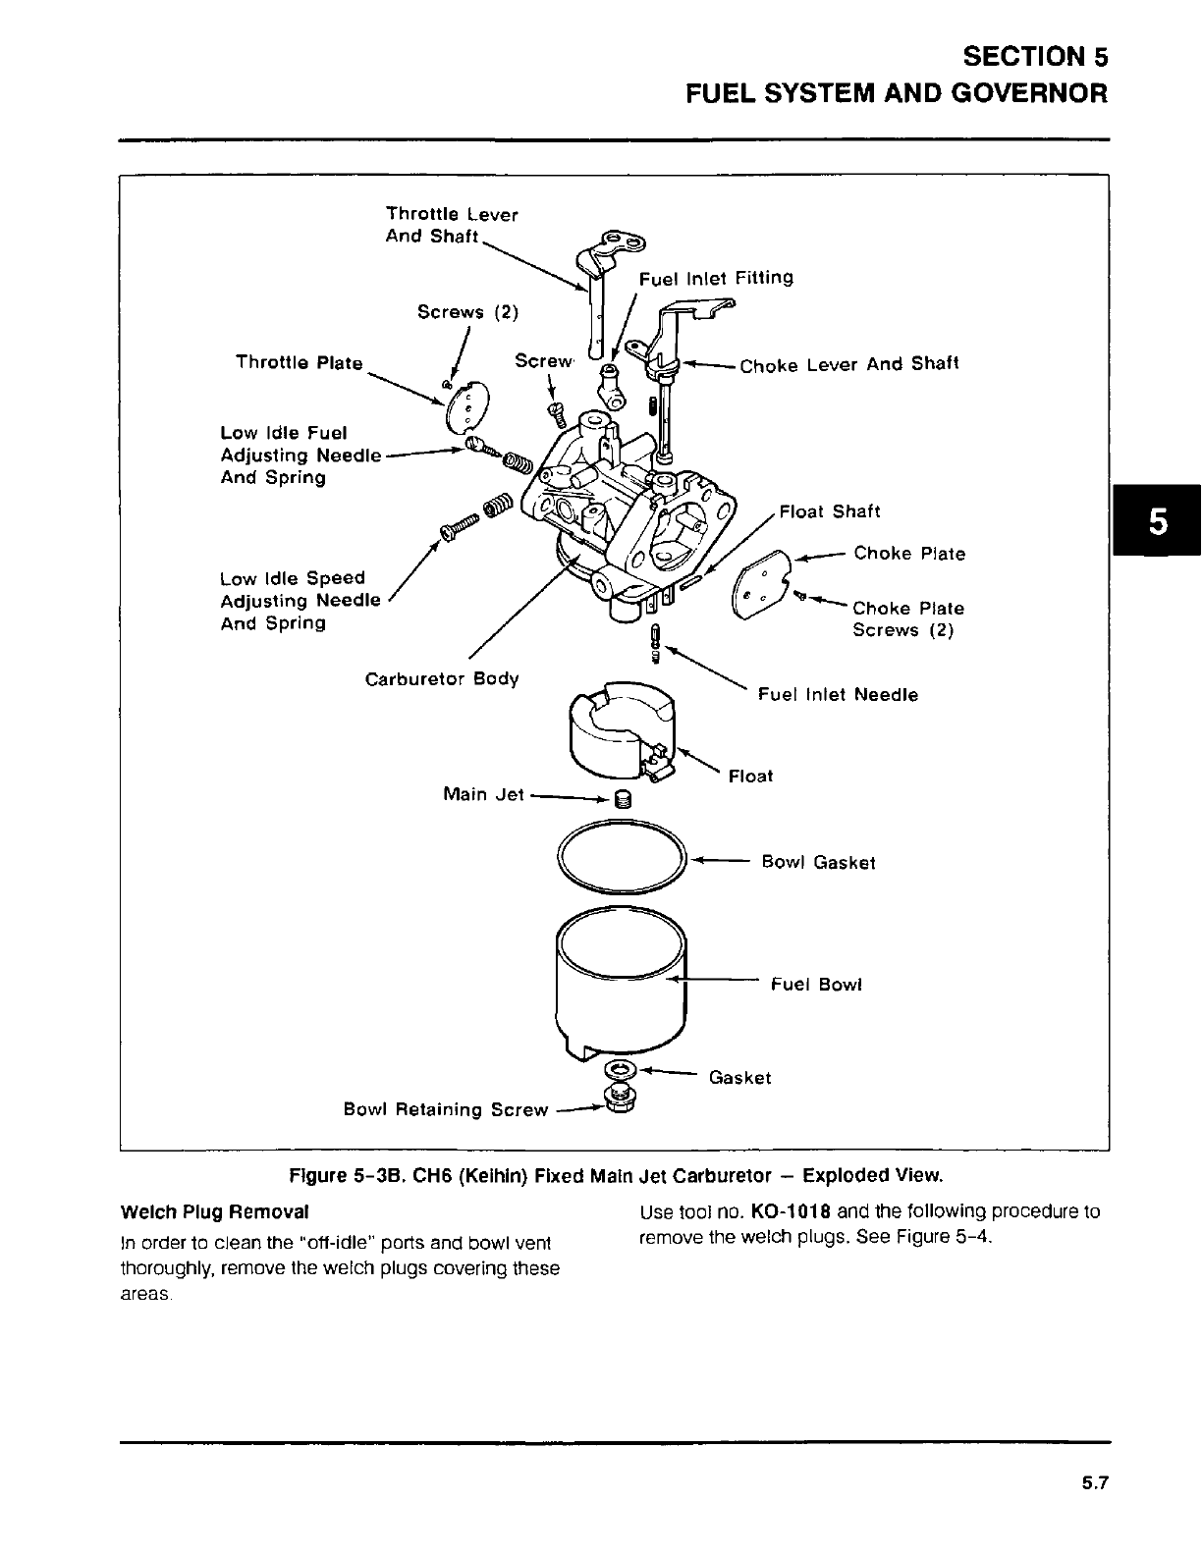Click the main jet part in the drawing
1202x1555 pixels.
pos(621,799)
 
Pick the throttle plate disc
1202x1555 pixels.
pos(465,407)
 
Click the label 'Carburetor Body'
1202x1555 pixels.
pos(442,678)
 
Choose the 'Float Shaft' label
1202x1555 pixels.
pos(829,511)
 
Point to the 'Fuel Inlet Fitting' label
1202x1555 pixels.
pos(716,278)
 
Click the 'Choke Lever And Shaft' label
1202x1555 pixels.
pos(848,364)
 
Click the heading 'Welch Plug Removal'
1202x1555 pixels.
pos(214,1211)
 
